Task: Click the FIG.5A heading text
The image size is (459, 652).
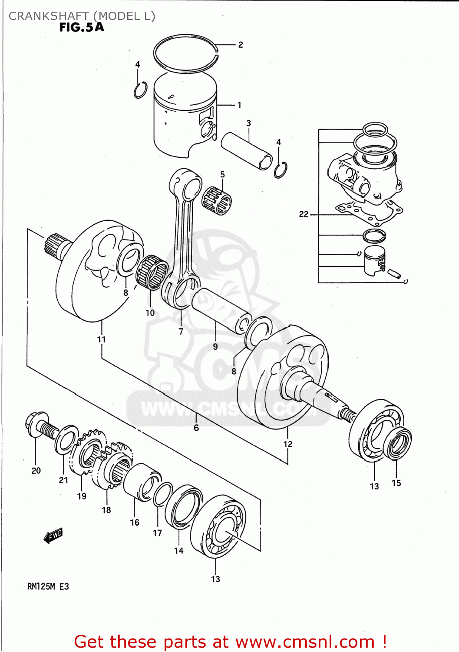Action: click(82, 27)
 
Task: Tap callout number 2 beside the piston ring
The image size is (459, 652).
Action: click(241, 45)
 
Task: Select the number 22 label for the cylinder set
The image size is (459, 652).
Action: click(304, 214)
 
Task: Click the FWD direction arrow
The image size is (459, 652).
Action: click(53, 536)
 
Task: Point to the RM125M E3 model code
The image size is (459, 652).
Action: click(48, 586)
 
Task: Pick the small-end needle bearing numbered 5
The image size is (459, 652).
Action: click(217, 200)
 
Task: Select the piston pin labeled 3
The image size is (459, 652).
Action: click(247, 151)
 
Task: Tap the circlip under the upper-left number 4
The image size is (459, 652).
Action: click(140, 90)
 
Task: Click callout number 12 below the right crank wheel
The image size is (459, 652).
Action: click(288, 444)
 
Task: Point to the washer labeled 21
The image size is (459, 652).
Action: click(66, 439)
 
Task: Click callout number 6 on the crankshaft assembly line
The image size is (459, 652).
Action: click(196, 428)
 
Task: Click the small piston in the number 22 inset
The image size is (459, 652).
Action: click(374, 260)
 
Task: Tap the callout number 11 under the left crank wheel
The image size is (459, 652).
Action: click(101, 339)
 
